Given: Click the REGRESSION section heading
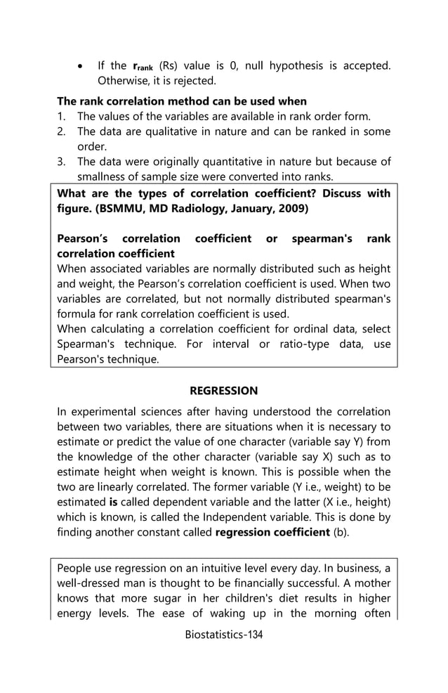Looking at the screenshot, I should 223,391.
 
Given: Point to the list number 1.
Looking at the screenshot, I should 61,117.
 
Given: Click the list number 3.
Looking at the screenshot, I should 61,162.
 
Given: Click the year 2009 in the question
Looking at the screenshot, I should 293,209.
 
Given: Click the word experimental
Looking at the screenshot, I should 100,412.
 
